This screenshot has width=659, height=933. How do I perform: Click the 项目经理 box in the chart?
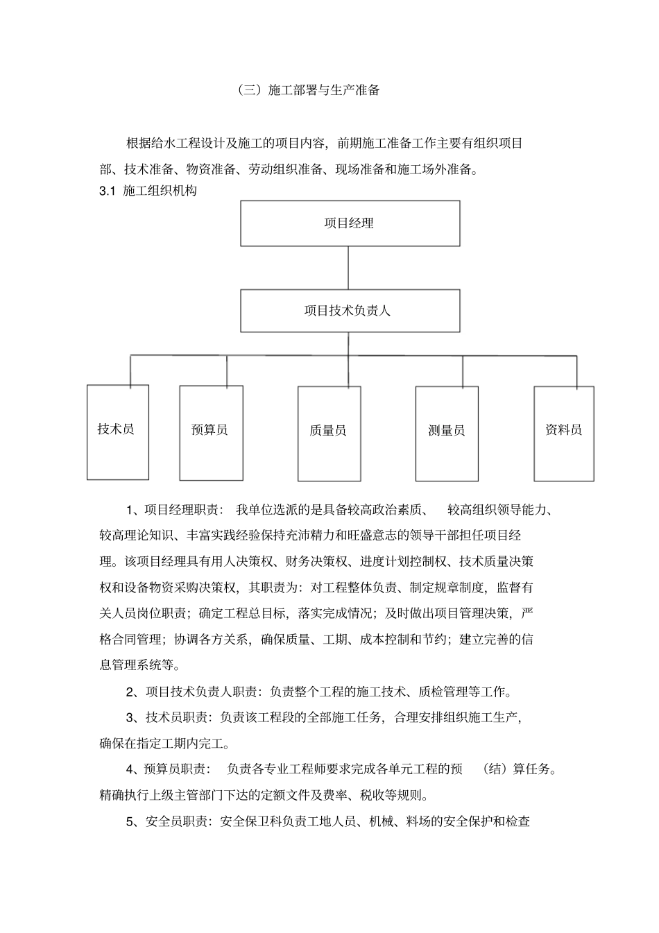tap(350, 223)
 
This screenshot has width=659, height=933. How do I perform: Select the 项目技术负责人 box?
tap(350, 311)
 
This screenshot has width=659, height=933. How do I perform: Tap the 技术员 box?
tap(117, 431)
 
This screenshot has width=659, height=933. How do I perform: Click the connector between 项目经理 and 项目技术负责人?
tap(348, 268)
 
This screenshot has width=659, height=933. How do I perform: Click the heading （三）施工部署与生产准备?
tap(308, 90)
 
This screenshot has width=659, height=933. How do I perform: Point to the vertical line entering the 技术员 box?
tap(130, 370)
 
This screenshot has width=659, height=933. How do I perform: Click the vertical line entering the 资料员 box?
tap(576, 371)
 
